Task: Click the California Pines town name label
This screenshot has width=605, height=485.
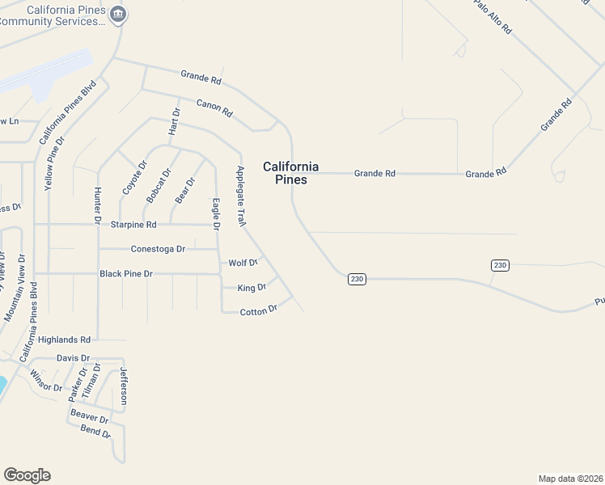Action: coord(290,173)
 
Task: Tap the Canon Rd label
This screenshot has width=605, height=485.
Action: coord(214,108)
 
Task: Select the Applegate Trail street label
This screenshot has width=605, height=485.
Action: coord(240,196)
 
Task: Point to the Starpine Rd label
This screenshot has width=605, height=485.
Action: coord(133,224)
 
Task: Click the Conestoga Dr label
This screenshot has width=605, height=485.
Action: coord(158,249)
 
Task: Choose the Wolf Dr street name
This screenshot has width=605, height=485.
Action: coord(243,263)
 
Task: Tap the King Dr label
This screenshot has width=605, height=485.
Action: coord(252,287)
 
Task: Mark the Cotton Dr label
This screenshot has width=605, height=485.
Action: coord(259,310)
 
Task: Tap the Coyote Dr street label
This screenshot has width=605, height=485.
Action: coord(134,178)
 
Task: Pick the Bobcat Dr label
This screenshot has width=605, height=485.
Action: coord(159,185)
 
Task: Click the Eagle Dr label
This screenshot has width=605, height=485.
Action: coord(216,213)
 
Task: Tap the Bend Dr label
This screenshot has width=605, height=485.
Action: coord(95,432)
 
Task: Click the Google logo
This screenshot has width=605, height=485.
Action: coord(27,475)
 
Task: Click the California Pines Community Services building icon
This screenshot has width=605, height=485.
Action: coord(119,13)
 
